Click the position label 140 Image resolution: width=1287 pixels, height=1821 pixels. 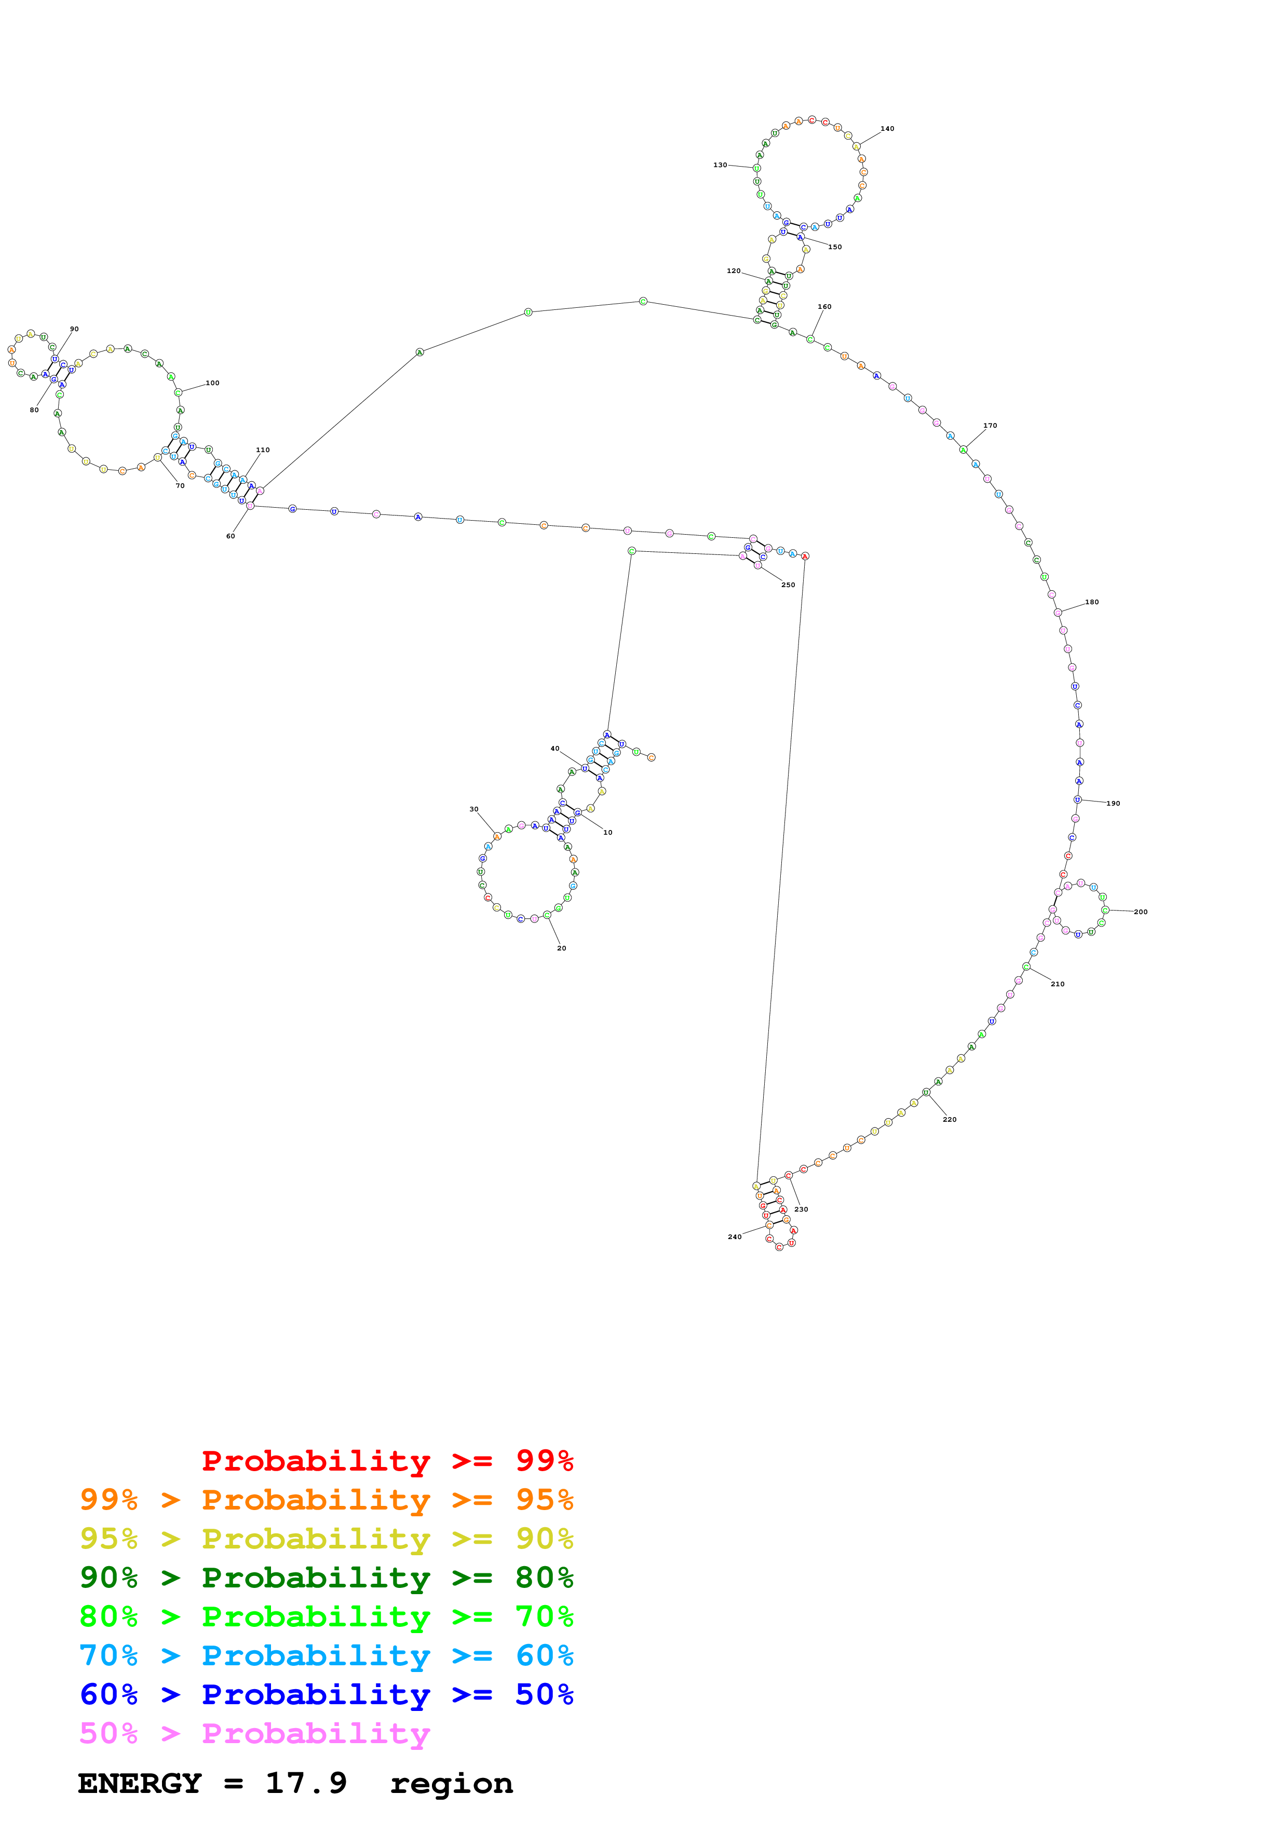click(x=887, y=129)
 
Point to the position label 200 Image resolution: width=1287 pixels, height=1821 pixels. click(x=1140, y=912)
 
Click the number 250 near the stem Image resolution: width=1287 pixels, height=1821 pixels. click(x=788, y=586)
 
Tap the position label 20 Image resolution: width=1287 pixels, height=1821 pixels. click(x=561, y=948)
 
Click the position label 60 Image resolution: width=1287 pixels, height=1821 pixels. click(x=230, y=537)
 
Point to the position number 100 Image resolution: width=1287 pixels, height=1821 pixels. click(x=212, y=383)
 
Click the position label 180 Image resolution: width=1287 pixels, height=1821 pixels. click(x=1091, y=603)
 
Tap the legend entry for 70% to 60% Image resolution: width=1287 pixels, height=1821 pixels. click(x=326, y=1656)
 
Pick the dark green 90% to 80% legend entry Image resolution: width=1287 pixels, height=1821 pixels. click(x=326, y=1578)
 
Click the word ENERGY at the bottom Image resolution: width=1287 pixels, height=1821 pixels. click(x=140, y=1784)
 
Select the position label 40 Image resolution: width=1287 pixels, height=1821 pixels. click(x=554, y=749)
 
